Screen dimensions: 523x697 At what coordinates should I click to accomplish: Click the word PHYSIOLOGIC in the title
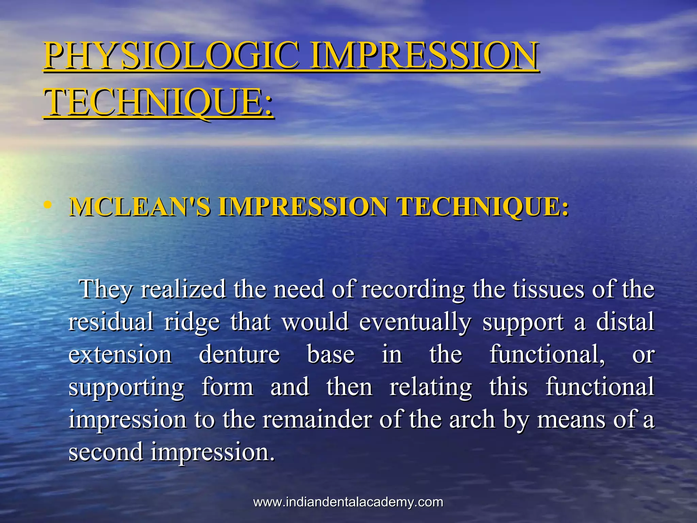pyautogui.click(x=172, y=55)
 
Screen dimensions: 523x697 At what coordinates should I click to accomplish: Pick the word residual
pyautogui.click(x=111, y=322)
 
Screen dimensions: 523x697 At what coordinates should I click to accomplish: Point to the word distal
pyautogui.click(x=625, y=322)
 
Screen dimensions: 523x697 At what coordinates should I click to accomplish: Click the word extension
pyautogui.click(x=120, y=354)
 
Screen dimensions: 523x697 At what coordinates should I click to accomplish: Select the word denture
pyautogui.click(x=239, y=354)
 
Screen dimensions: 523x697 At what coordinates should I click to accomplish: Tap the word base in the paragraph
pyautogui.click(x=331, y=354)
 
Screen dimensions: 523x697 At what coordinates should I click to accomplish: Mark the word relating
pyautogui.click(x=431, y=387)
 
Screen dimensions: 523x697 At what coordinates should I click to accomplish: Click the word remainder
pyautogui.click(x=317, y=419)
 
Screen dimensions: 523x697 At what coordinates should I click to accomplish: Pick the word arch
pyautogui.click(x=472, y=419)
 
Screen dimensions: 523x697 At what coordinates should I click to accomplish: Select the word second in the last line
pyautogui.click(x=106, y=452)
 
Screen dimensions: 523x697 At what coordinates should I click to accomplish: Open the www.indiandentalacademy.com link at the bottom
pyautogui.click(x=348, y=502)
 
